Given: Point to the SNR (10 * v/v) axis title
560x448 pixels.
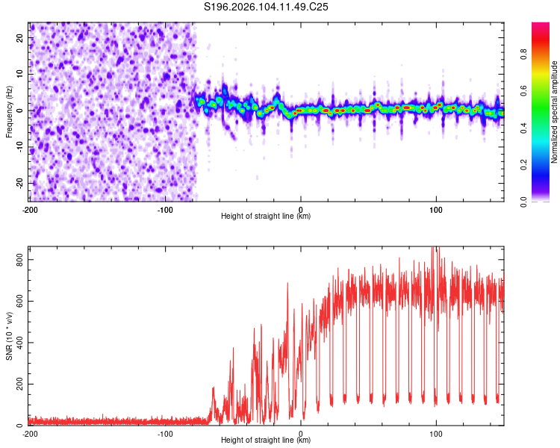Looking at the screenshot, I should pos(10,336).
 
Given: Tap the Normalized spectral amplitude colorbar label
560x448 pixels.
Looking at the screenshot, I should pos(554,112).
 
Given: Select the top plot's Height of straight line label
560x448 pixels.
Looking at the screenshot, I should pos(266,216).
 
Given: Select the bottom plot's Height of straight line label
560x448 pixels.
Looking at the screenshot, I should pos(266,441).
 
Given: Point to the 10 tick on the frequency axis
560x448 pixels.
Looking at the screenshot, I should pos(20,74).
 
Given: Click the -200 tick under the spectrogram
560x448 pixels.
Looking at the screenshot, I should pos(30,208).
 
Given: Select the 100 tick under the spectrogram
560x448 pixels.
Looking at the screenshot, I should pos(436,208).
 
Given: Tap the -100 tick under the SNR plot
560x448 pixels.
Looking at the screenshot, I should pos(165,433).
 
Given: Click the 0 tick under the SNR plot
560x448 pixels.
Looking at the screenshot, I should pos(301,433).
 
